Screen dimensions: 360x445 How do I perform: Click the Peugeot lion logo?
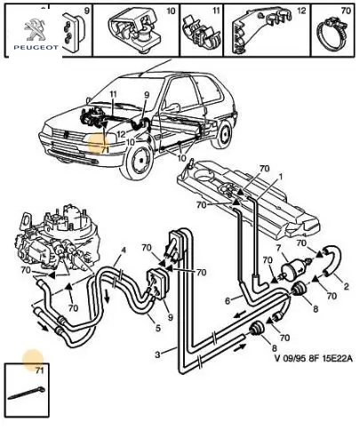(35, 29)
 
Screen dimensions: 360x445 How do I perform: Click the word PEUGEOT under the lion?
(36, 47)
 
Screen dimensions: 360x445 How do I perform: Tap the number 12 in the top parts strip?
(301, 11)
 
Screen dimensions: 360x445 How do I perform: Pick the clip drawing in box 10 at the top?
(135, 31)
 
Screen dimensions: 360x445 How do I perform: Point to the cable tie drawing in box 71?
(26, 393)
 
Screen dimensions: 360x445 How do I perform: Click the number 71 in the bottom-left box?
(39, 370)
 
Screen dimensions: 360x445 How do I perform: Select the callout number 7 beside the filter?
(278, 247)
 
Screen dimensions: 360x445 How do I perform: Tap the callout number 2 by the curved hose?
(346, 286)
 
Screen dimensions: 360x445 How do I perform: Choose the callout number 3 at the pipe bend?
(157, 354)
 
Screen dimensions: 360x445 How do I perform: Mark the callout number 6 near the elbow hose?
(228, 301)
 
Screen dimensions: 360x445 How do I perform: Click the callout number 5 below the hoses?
(158, 328)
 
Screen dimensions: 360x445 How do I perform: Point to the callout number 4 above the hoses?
(124, 250)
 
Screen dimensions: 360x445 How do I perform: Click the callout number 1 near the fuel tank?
(280, 177)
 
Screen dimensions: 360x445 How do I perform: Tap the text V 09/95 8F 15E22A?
(314, 359)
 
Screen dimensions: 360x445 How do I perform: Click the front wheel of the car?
(140, 160)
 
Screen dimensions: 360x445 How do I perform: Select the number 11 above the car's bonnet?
(114, 94)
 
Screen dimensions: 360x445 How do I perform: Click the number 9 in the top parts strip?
(87, 11)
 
